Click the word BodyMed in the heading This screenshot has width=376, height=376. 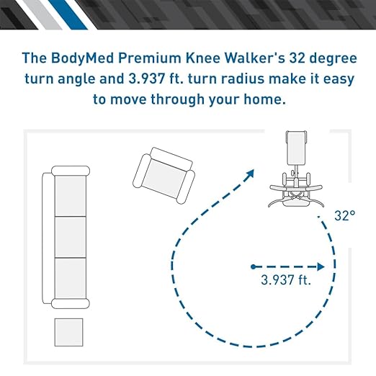(x=83, y=58)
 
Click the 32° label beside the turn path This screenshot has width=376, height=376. (x=344, y=215)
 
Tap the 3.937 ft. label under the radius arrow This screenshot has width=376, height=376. (x=286, y=279)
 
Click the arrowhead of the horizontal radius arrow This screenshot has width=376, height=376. (x=321, y=267)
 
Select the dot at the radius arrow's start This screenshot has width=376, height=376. (x=253, y=267)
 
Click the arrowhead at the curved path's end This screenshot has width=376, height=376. (x=250, y=174)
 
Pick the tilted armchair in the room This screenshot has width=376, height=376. (x=164, y=176)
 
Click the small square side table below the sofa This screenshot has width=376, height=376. (x=69, y=332)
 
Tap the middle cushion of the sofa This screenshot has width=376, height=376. (x=71, y=237)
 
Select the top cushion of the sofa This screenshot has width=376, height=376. (x=71, y=196)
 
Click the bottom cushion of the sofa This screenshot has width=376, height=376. (x=71, y=279)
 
